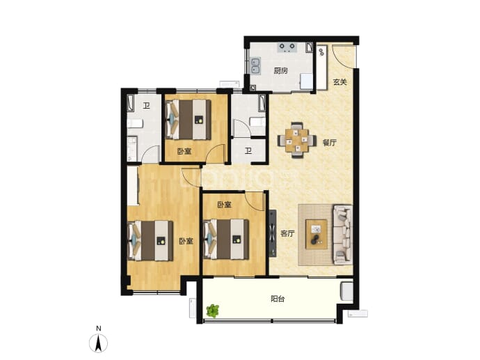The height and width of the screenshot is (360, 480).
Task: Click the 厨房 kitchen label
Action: coord(281,71)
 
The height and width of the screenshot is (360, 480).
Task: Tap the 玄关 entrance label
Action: coord(339,82)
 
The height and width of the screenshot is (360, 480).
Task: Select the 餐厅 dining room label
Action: coord(330,143)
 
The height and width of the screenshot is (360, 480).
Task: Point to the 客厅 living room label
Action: coord(287,234)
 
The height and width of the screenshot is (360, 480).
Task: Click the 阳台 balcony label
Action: coord(278,299)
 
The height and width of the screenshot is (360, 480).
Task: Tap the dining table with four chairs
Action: coord(297,141)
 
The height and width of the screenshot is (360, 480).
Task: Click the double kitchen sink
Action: coord(255,66)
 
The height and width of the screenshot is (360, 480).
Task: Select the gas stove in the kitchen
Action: coord(287,47)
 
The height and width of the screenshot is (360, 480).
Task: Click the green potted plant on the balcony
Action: coord(212,311)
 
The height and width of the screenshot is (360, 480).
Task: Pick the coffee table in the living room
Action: coord(317,235)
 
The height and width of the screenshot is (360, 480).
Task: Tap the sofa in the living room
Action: coord(342,235)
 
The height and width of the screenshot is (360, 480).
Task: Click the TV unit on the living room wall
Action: coord(273,233)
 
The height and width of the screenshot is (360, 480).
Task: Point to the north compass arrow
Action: coord(98,343)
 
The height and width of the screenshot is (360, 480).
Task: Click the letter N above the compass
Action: coord(98,329)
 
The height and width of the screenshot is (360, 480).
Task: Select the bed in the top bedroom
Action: coord(189,120)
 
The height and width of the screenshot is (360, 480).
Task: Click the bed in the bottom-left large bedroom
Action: coord(150,241)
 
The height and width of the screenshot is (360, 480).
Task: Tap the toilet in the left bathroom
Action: coord(135,123)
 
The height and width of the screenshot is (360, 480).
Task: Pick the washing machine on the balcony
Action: coord(346,291)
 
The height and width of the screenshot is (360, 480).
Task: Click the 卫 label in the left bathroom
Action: coord(147,106)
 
